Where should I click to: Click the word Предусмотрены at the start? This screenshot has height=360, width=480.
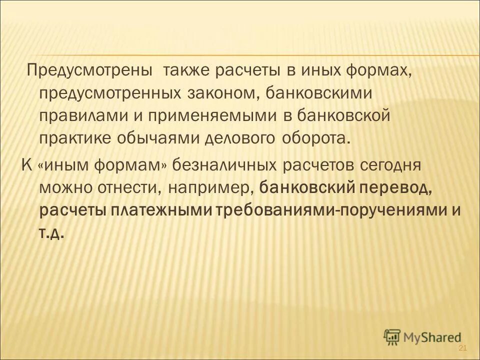(x=89, y=70)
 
